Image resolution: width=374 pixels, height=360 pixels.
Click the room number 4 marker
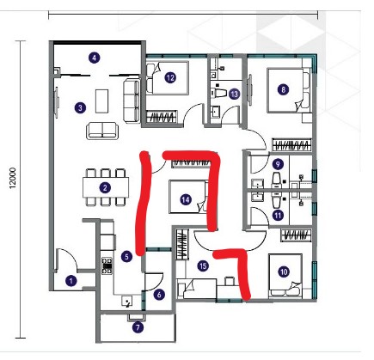point(94,58)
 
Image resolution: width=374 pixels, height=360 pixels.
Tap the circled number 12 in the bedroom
point(170,77)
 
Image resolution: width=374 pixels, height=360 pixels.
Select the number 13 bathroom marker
point(235,94)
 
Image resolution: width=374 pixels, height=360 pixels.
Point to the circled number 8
point(284,90)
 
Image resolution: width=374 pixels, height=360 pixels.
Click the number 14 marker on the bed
point(186,199)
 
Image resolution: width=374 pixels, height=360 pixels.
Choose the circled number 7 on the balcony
point(138,327)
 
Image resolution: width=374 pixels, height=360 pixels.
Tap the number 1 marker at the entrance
point(71,281)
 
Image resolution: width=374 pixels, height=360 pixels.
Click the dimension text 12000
point(13,178)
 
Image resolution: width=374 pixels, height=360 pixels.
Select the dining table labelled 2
point(106,187)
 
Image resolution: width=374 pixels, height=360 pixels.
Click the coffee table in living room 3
point(101,101)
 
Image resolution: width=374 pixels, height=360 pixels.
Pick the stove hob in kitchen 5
point(107,266)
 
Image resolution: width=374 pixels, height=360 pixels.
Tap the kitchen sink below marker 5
point(126,302)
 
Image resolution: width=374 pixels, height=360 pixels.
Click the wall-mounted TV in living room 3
point(57,102)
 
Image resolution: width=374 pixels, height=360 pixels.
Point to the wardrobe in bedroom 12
point(162,117)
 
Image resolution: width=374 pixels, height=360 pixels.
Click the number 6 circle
point(159,295)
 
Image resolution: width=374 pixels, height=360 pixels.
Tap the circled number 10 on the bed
point(284,272)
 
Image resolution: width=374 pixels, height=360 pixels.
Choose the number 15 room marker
point(203,266)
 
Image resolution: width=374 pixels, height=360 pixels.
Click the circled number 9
point(278,164)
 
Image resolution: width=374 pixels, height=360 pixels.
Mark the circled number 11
point(278,216)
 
